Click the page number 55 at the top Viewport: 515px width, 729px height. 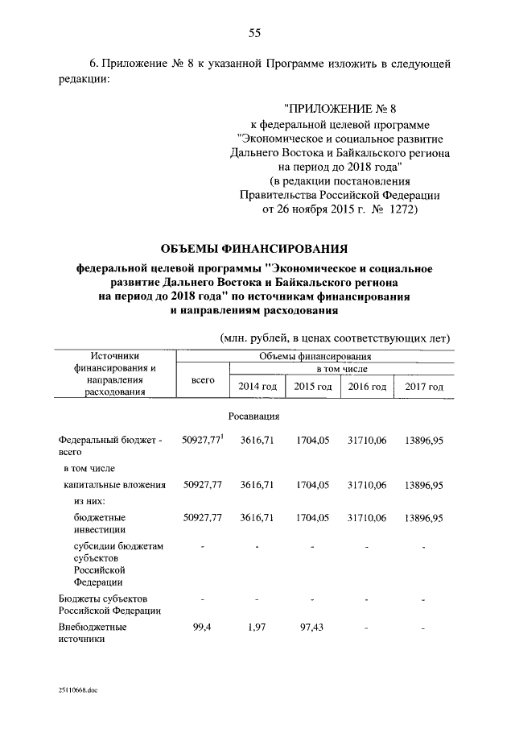pyautogui.click(x=254, y=33)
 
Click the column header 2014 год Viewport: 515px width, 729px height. pyautogui.click(x=258, y=387)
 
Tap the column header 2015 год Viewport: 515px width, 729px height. pyautogui.click(x=313, y=387)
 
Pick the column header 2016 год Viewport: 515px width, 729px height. pyautogui.click(x=367, y=387)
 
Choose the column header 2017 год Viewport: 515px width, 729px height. pyautogui.click(x=424, y=387)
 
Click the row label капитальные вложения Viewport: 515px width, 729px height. pyautogui.click(x=115, y=485)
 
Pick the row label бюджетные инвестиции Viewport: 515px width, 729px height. pyautogui.click(x=95, y=524)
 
